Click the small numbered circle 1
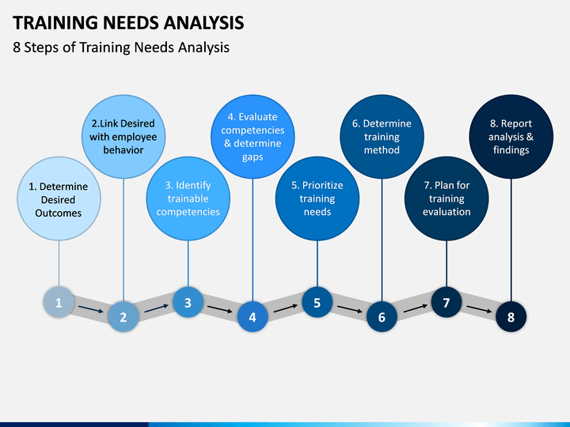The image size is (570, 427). pos(59,302)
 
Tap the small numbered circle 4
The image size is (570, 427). pos(253,316)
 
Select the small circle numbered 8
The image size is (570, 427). pos(511,316)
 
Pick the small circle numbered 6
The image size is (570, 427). pos(382,316)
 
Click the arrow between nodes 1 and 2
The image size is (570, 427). pos(91,309)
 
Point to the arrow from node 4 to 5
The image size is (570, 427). pos(285,308)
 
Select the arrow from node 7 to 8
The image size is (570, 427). pos(479,309)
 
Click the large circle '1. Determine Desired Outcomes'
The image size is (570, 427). pos(59,198)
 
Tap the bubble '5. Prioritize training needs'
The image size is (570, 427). pos(317,198)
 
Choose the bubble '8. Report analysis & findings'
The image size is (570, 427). pos(511,137)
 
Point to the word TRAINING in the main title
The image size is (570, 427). pos(55,22)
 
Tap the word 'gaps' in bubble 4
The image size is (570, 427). pos(253,157)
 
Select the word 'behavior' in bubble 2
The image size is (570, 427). pos(123,150)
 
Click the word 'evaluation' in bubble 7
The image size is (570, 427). pos(446,212)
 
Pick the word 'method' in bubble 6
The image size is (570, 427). pos(382,150)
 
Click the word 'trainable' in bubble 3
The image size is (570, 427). pos(188,198)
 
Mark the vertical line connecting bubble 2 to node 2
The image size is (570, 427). pos(123,240)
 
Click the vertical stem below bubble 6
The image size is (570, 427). pos(382,240)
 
